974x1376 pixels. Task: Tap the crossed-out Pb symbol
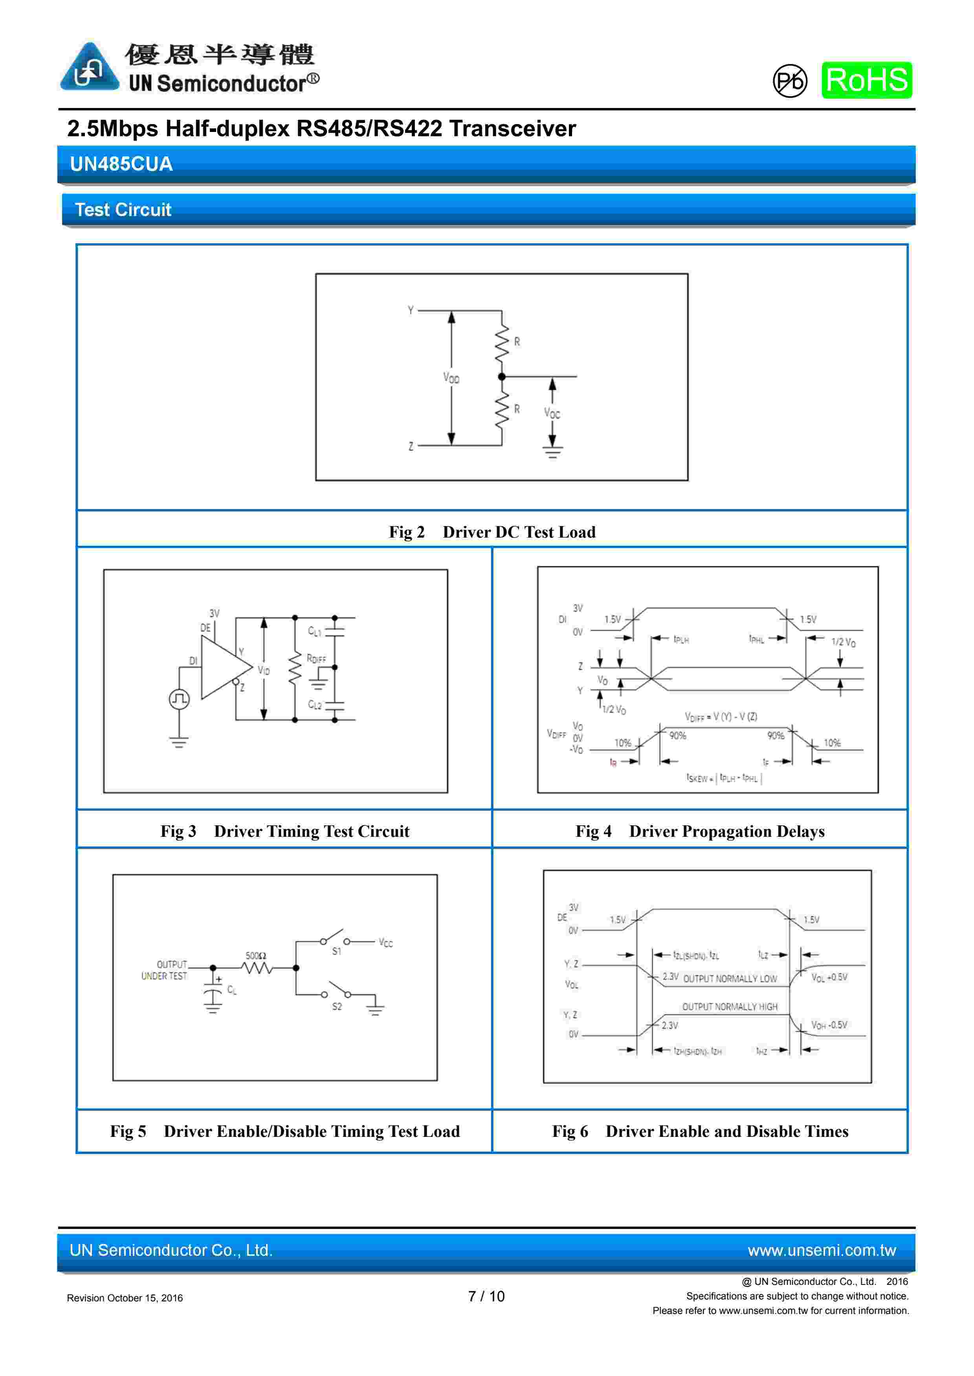click(790, 81)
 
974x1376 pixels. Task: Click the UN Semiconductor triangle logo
click(89, 68)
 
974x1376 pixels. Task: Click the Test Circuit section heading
click(123, 210)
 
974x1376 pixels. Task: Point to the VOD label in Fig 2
click(451, 377)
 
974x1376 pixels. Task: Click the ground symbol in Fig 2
click(552, 452)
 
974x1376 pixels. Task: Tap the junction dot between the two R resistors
click(502, 376)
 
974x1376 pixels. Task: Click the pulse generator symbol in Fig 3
click(179, 699)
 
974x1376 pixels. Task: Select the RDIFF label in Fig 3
click(316, 659)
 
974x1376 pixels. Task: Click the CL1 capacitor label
click(314, 631)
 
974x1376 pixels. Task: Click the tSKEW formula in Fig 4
click(724, 778)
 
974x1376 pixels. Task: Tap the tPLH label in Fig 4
click(681, 639)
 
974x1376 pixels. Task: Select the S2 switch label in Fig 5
click(337, 1006)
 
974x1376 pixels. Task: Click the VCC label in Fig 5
click(386, 943)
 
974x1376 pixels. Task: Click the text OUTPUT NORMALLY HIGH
click(729, 1007)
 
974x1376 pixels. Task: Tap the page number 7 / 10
click(486, 1296)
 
